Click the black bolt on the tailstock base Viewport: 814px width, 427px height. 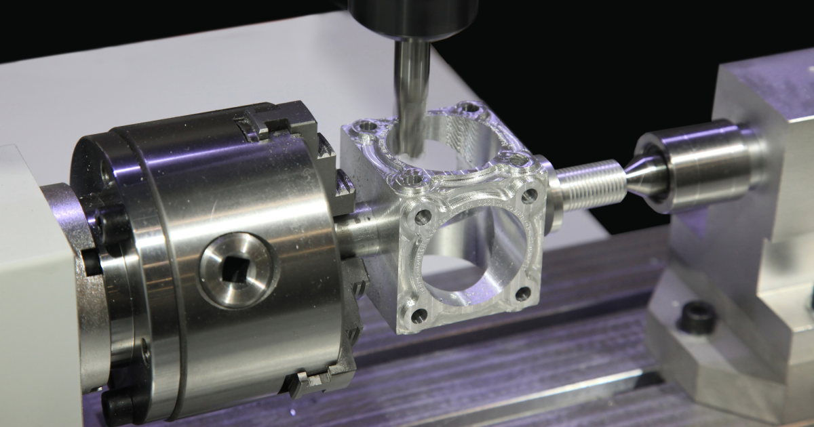697,317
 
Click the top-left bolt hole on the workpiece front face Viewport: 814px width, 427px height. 423,217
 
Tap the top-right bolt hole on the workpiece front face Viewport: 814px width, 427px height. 528,196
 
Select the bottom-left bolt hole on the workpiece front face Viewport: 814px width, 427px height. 419,315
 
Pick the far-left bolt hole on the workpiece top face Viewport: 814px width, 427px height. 367,126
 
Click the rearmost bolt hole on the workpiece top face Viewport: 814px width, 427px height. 468,107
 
